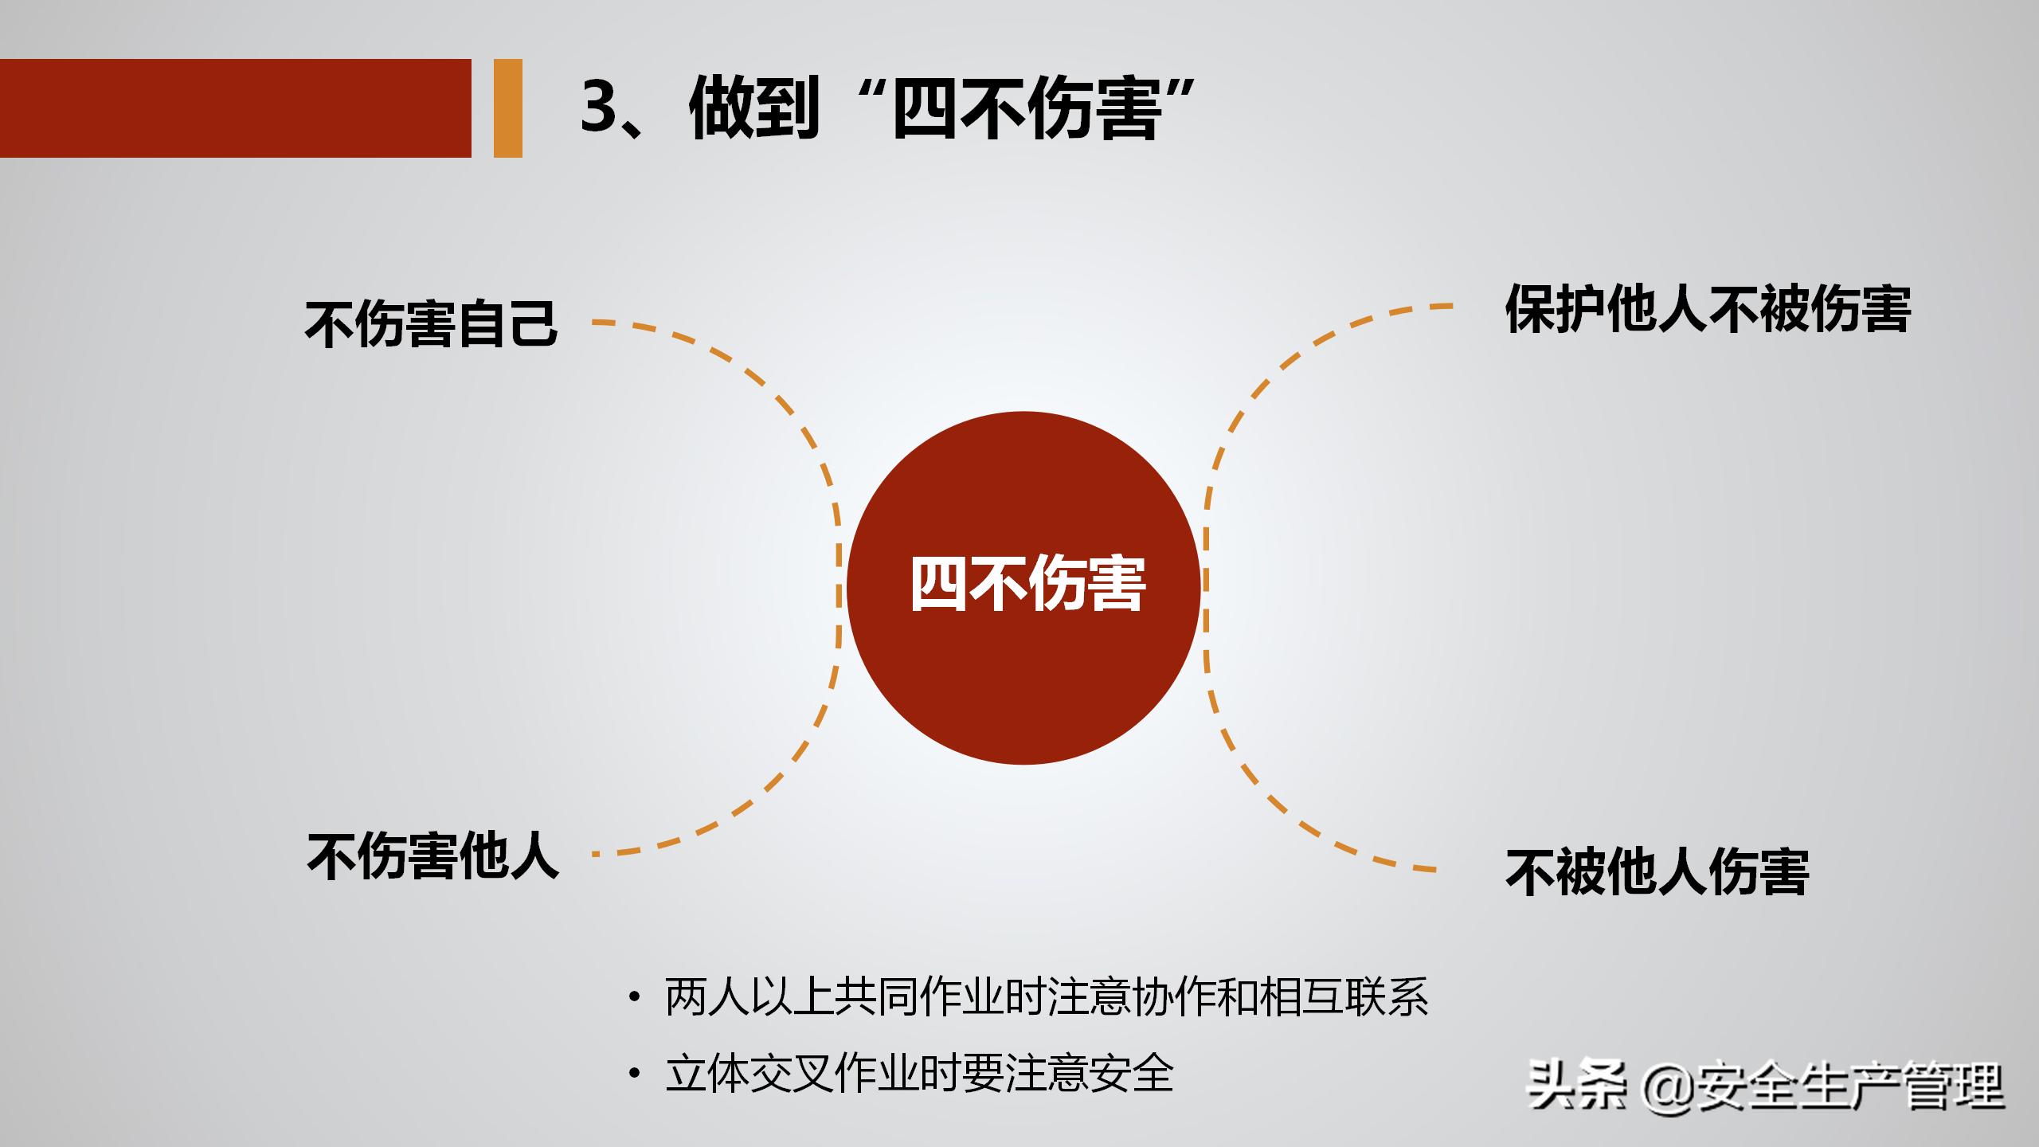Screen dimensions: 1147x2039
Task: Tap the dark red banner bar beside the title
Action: pyautogui.click(x=235, y=108)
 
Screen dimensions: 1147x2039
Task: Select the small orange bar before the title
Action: pyautogui.click(x=508, y=108)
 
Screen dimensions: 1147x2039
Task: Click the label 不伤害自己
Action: pyautogui.click(x=431, y=323)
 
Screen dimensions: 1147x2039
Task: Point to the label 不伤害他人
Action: pyautogui.click(x=432, y=856)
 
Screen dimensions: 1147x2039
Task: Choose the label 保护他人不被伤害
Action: pyautogui.click(x=1708, y=309)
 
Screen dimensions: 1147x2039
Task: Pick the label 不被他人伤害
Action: pyautogui.click(x=1657, y=872)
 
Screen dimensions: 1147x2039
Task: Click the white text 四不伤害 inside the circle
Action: pyautogui.click(x=1027, y=584)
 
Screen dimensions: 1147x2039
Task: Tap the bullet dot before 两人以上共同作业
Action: pyautogui.click(x=634, y=997)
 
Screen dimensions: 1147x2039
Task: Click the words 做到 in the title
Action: pyautogui.click(x=753, y=108)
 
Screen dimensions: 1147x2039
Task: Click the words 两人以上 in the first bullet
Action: pyautogui.click(x=749, y=997)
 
